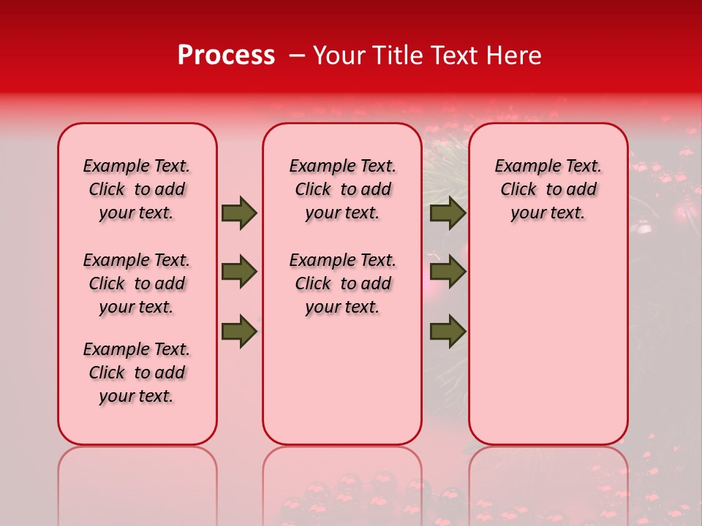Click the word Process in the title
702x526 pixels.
pos(226,56)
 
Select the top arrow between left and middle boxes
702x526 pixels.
pos(239,213)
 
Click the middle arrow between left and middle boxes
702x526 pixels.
pos(239,272)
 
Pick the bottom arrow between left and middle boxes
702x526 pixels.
pos(239,332)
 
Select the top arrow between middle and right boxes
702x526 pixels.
pos(448,213)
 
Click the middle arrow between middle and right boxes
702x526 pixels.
pos(448,272)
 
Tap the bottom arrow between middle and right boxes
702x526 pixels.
pos(448,332)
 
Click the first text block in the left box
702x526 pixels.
pos(137,189)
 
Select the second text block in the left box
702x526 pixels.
pos(137,283)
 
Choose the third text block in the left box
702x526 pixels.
pos(137,373)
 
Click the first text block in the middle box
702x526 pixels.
pos(342,189)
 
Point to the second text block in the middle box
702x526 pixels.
pos(342,283)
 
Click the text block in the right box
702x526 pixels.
pos(548,189)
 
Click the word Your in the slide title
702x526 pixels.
pos(335,56)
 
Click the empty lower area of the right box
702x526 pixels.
pos(548,343)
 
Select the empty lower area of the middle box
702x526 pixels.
pos(342,380)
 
